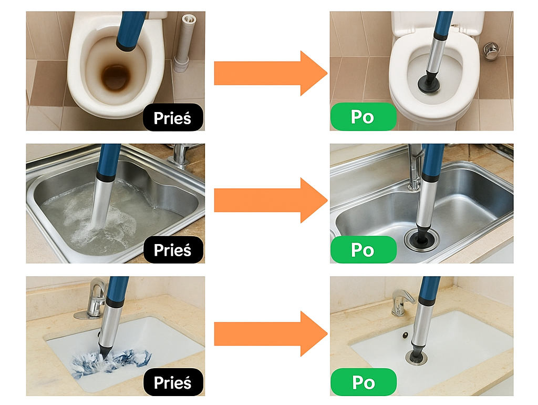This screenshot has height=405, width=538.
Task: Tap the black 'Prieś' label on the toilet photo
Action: [173, 117]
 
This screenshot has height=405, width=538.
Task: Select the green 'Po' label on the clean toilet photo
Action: [363, 117]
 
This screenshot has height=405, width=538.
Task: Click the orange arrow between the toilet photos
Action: [271, 73]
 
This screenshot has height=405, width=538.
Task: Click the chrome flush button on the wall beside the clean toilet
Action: [491, 50]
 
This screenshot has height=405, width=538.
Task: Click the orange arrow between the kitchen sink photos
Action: [271, 200]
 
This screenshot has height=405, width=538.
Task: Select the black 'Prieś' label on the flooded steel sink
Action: [173, 250]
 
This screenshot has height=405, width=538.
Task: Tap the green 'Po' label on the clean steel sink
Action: [363, 250]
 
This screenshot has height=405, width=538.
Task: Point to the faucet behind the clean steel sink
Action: [415, 167]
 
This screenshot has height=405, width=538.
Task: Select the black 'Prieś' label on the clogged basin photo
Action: [173, 382]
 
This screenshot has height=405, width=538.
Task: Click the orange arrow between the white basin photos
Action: [271, 333]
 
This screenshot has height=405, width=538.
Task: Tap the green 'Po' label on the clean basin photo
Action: [363, 382]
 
